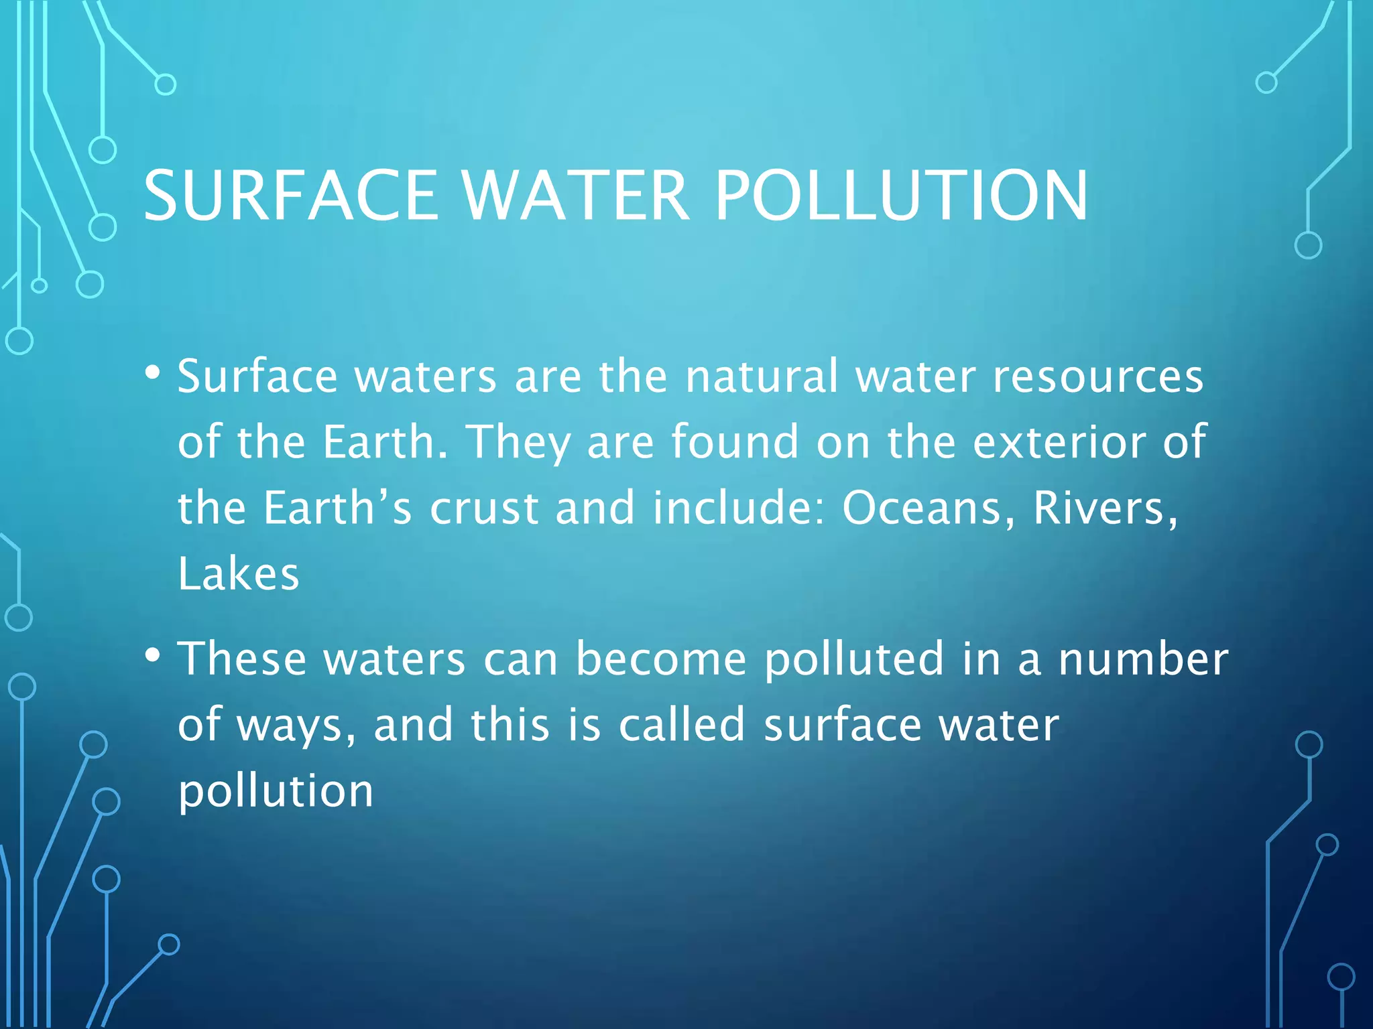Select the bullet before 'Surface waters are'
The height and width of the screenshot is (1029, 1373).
point(153,372)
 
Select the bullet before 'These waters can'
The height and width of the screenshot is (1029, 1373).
point(153,655)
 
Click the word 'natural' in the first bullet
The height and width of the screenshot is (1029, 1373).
point(762,376)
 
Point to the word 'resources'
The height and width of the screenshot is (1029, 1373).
point(1097,376)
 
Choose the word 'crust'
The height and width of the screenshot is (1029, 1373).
point(484,508)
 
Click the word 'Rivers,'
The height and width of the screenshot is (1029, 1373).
point(1105,508)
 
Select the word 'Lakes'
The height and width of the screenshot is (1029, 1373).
point(239,574)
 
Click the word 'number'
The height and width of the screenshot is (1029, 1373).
point(1143,659)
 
